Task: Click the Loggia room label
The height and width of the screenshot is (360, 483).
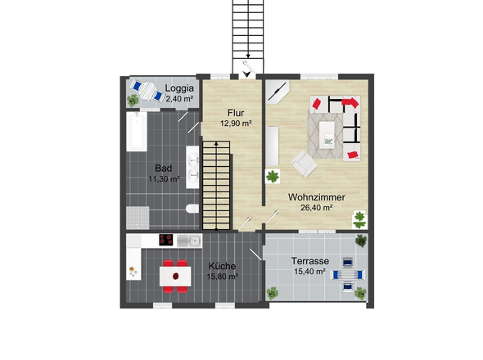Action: click(x=179, y=88)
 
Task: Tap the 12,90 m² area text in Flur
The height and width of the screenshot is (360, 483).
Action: click(x=236, y=124)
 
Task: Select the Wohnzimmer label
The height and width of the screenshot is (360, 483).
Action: click(x=316, y=197)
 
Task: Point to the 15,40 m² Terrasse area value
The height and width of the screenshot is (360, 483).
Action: click(x=309, y=272)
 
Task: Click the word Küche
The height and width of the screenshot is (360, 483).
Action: click(x=222, y=266)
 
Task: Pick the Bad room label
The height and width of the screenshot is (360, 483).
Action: click(x=163, y=169)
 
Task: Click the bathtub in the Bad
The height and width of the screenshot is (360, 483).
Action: click(x=137, y=132)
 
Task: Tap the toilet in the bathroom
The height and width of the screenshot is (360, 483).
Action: click(x=192, y=209)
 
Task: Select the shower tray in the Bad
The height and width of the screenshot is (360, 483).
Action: click(x=138, y=218)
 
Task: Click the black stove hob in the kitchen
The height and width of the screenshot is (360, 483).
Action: click(x=165, y=240)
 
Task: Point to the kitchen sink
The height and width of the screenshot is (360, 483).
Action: click(x=189, y=241)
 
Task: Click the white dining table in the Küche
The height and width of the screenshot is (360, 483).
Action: click(x=175, y=277)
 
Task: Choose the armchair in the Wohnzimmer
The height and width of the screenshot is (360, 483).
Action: click(x=304, y=164)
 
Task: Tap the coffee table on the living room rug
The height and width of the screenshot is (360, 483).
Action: click(x=327, y=135)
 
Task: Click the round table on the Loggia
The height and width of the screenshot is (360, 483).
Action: click(x=148, y=91)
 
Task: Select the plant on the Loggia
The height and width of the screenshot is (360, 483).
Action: click(x=133, y=100)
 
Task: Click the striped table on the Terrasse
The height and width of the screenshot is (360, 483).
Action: click(x=347, y=274)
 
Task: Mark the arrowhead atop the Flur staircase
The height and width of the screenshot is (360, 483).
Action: click(x=216, y=143)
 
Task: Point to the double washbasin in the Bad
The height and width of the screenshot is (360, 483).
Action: click(x=192, y=167)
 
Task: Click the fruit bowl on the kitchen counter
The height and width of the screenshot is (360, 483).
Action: click(x=133, y=272)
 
